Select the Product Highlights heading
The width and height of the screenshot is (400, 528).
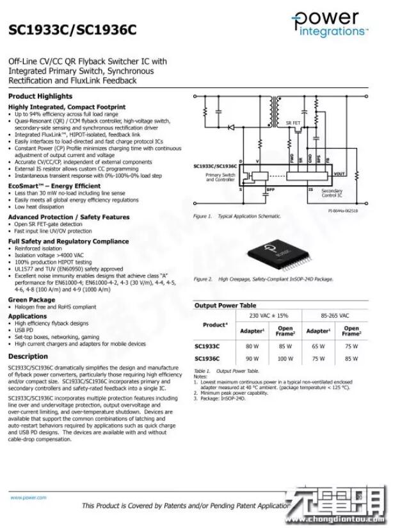coord(40,96)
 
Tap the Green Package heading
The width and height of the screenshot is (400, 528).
coord(31,299)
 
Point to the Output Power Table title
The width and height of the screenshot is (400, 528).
coord(225,306)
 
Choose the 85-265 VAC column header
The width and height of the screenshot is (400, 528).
coord(335,315)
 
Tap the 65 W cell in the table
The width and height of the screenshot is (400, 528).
coord(318,346)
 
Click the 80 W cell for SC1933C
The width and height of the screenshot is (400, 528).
coord(252,346)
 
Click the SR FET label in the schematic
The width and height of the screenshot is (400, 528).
coord(293,122)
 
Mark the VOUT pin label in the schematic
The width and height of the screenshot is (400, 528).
coord(339,174)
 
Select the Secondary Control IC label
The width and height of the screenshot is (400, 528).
coord(332,193)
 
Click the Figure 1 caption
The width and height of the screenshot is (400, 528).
coord(237,217)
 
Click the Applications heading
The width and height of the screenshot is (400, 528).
coord(28,316)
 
